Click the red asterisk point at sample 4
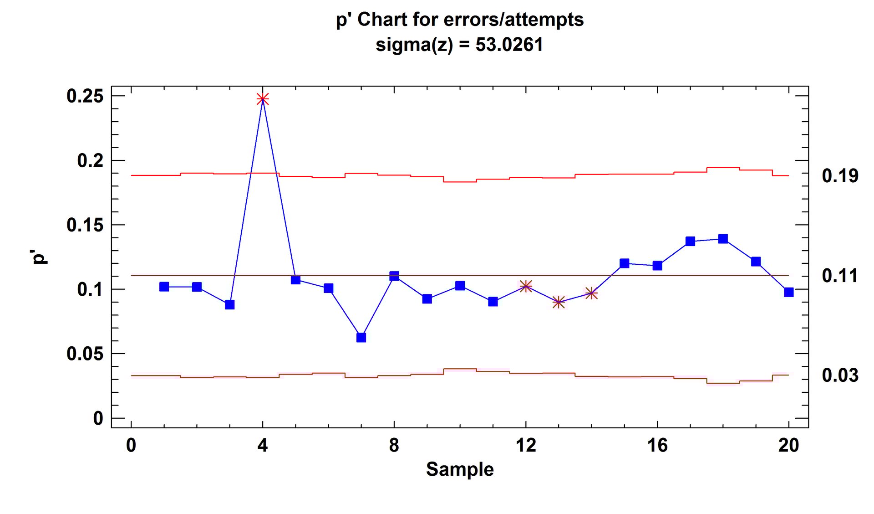point(263,99)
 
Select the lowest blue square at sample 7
point(361,338)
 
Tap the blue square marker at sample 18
point(723,239)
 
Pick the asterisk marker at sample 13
point(559,302)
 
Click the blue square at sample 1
point(164,287)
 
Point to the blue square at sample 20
point(789,292)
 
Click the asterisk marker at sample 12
point(526,286)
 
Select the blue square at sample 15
point(624,263)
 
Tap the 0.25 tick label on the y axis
point(85,96)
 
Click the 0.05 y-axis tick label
point(85,354)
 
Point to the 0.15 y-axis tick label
point(85,225)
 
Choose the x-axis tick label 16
point(657,445)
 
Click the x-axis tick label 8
point(394,445)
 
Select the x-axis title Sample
point(460,469)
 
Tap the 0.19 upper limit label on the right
point(840,176)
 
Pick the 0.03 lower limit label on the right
point(840,375)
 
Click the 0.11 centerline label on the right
point(840,276)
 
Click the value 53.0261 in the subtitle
point(509,45)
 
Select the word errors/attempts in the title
point(513,20)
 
